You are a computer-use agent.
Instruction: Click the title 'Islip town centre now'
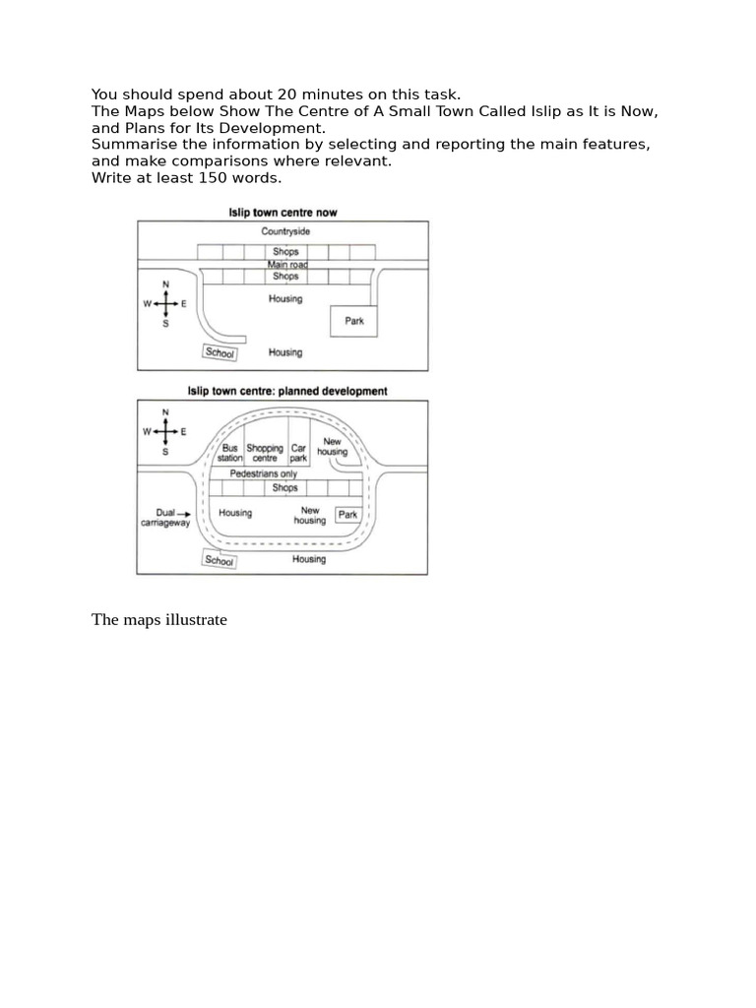(x=283, y=213)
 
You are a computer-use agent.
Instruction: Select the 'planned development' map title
(x=287, y=391)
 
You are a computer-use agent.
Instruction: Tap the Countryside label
(x=285, y=231)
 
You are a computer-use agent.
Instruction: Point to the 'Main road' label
(x=285, y=264)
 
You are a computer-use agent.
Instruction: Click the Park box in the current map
(x=353, y=321)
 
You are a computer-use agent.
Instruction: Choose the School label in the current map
(x=220, y=352)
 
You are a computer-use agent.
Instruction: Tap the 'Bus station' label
(x=229, y=453)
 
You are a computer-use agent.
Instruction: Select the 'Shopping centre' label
(x=265, y=453)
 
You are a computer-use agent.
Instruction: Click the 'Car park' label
(x=298, y=453)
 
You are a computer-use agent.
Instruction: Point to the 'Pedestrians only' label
(x=263, y=473)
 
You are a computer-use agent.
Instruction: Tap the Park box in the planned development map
(x=347, y=515)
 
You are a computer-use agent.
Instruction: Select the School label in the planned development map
(x=219, y=560)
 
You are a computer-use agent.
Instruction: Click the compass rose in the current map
(x=165, y=305)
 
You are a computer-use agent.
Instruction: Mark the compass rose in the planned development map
(x=165, y=431)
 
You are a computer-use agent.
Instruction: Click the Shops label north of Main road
(x=285, y=252)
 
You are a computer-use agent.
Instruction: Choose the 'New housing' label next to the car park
(x=332, y=447)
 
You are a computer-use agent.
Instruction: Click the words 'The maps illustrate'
(x=159, y=620)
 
